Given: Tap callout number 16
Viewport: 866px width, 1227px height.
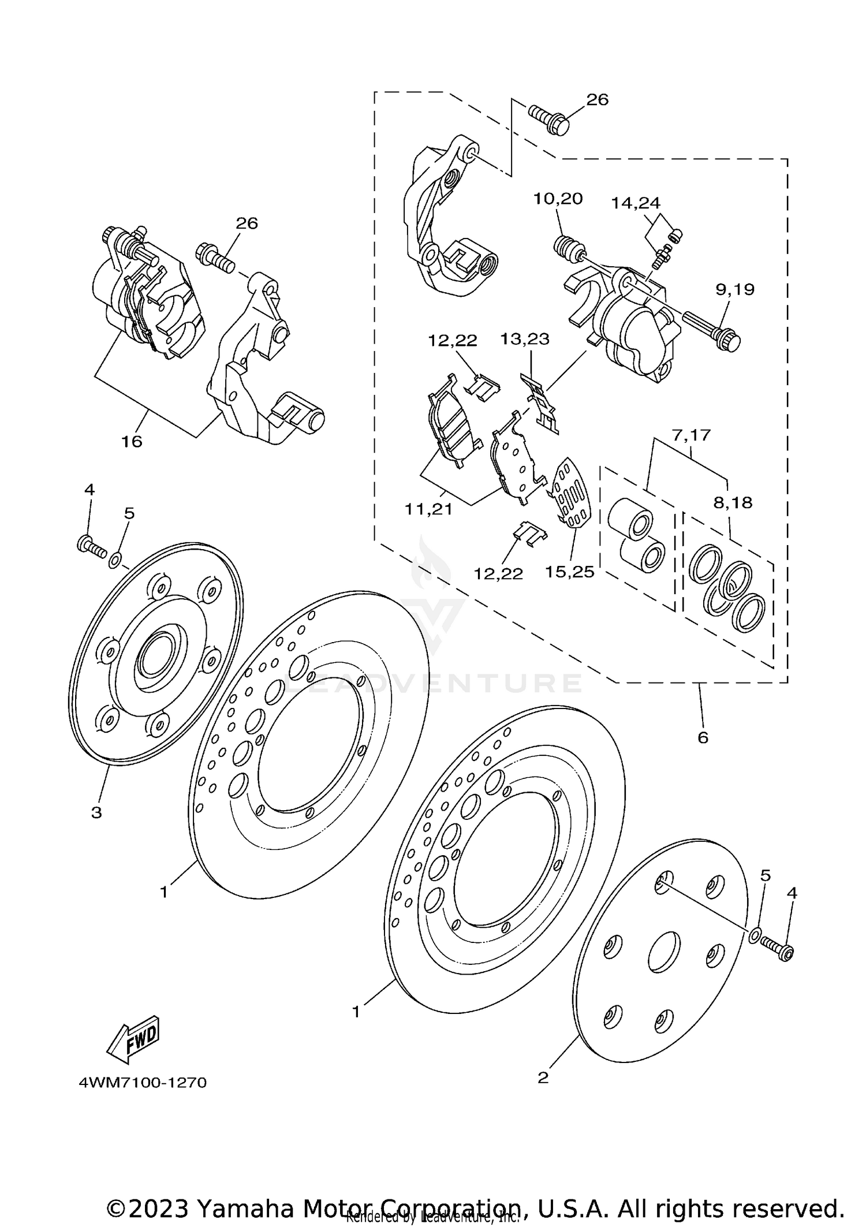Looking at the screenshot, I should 131,442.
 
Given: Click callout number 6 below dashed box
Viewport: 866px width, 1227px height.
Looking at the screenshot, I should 703,737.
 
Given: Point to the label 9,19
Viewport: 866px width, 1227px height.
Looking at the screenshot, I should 735,289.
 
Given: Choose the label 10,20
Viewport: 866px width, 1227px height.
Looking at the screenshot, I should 557,199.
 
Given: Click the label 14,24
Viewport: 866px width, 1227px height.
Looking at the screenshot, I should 636,203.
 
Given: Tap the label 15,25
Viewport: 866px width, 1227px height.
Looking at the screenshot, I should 569,572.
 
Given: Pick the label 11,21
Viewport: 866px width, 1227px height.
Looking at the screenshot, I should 428,509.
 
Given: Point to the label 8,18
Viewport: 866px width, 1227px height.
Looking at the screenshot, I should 733,502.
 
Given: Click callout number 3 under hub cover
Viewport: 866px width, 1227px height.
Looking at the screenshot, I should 96,812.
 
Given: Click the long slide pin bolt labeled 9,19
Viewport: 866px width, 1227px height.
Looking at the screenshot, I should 713,328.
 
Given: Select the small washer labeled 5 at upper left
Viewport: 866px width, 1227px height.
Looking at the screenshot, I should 115,558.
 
